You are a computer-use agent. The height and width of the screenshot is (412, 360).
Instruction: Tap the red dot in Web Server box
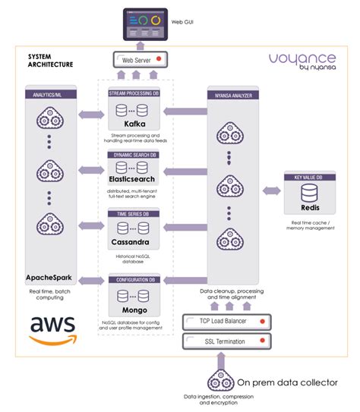[157, 58]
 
